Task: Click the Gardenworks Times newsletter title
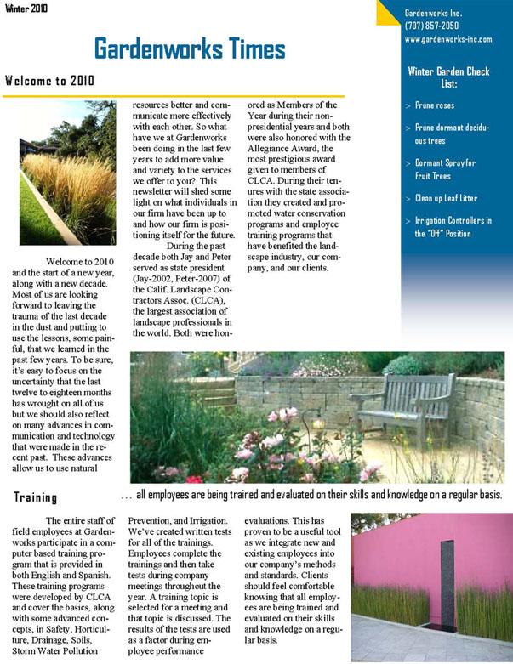pyautogui.click(x=177, y=48)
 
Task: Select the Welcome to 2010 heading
pyautogui.click(x=48, y=82)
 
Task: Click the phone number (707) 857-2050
pyautogui.click(x=433, y=26)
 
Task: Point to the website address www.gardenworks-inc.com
pyautogui.click(x=448, y=39)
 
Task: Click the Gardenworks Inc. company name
pyautogui.click(x=433, y=14)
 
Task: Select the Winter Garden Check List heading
pyautogui.click(x=448, y=77)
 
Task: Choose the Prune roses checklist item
pyautogui.click(x=435, y=105)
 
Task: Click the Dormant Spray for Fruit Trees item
pyautogui.click(x=445, y=169)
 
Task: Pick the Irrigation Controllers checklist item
pyautogui.click(x=453, y=227)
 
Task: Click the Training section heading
pyautogui.click(x=35, y=497)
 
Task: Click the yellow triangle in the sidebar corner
pyautogui.click(x=388, y=11)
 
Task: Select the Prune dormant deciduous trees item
pyautogui.click(x=452, y=133)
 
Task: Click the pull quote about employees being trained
pyautogui.click(x=311, y=494)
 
